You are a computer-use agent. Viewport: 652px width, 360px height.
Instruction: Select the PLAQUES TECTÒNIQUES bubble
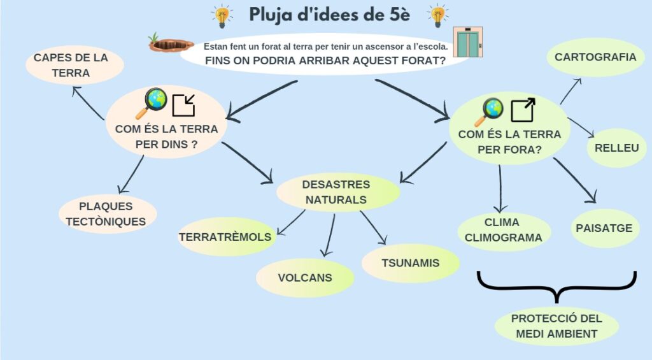tap(107, 214)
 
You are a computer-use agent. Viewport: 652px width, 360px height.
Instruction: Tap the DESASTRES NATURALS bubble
tap(337, 192)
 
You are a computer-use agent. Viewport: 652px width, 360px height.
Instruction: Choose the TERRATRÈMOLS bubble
tap(226, 237)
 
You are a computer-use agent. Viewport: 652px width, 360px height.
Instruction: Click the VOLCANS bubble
tap(305, 278)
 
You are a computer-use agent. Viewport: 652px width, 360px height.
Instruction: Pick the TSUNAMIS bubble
tap(410, 263)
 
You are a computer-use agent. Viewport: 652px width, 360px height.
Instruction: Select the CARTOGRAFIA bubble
tap(595, 57)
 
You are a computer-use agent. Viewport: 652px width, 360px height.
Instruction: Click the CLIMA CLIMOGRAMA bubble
tap(503, 230)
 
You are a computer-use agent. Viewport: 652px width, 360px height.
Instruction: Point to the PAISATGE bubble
tap(604, 228)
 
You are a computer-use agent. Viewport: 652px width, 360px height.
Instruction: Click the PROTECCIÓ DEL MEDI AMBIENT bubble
tap(556, 326)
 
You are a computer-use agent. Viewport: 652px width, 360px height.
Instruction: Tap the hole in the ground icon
tap(171, 43)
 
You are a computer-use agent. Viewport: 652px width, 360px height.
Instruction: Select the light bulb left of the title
tap(222, 15)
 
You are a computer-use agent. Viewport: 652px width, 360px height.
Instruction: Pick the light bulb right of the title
tap(437, 15)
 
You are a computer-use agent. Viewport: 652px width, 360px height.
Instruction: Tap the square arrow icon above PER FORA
tap(523, 110)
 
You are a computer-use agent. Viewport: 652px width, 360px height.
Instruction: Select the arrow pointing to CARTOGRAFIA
tap(570, 90)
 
